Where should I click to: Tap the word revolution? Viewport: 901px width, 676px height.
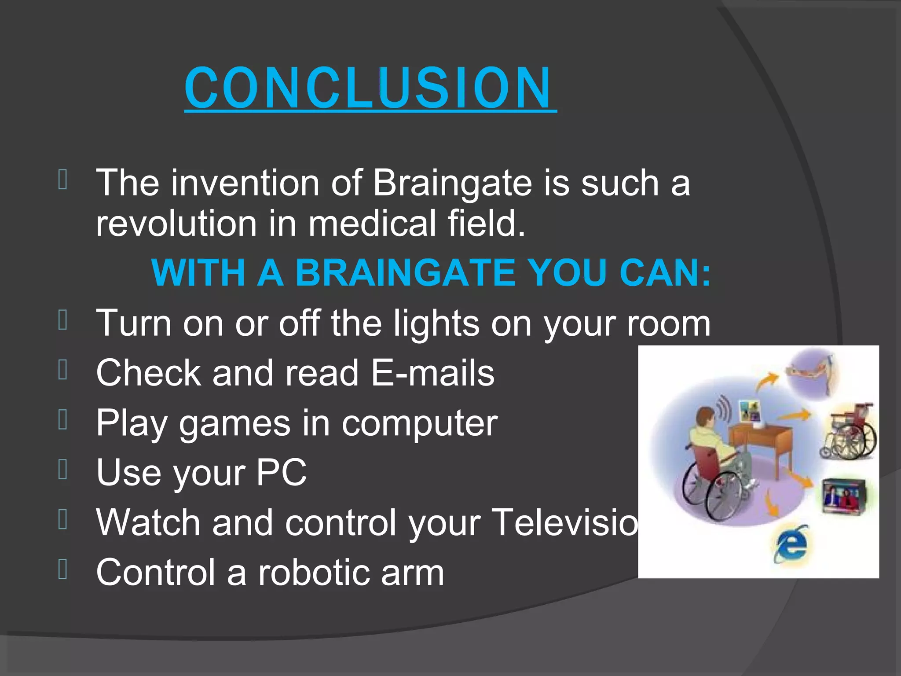tap(176, 224)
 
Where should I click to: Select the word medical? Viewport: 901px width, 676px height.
tap(372, 224)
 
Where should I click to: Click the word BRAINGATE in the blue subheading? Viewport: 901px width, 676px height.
tap(405, 273)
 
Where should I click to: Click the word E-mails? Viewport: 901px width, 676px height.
tap(433, 373)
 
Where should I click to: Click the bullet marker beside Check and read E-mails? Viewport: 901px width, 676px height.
tap(63, 370)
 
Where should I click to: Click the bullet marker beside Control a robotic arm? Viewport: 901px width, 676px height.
tap(63, 569)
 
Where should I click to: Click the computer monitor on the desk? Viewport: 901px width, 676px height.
tap(750, 411)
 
